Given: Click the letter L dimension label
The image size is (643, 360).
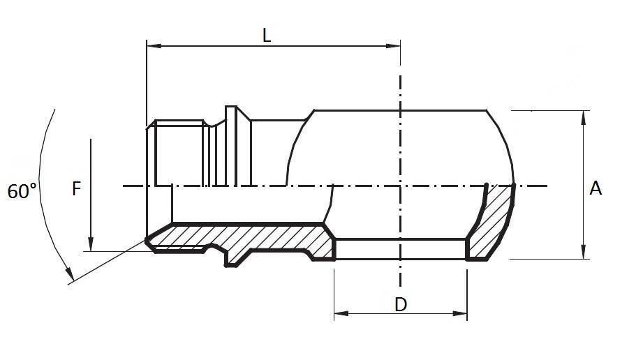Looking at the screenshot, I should (267, 36).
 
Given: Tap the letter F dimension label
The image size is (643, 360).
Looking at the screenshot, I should (77, 188).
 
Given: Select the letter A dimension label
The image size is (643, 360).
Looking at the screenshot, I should (596, 188).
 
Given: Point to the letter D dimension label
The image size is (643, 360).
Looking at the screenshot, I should (400, 304).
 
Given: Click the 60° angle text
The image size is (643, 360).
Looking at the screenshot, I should (22, 191).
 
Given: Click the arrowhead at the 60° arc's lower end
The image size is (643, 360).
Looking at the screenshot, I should (69, 278).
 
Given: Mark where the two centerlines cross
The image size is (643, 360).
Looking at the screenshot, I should (400, 186).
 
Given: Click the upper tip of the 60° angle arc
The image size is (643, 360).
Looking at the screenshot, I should (54, 110).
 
